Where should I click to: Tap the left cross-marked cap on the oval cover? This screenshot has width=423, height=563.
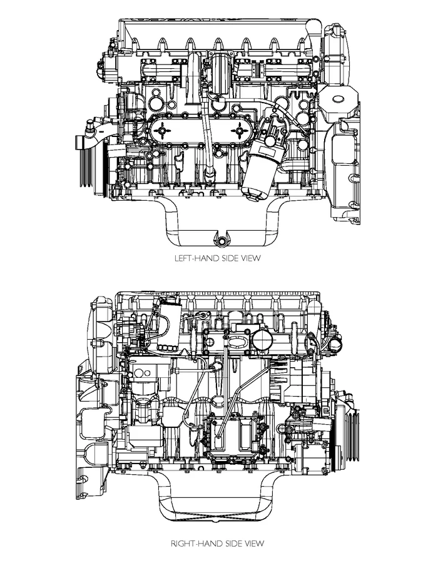(x=164, y=130)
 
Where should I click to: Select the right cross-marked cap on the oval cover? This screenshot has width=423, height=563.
(x=241, y=130)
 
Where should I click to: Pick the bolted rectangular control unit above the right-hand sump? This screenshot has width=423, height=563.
(x=234, y=439)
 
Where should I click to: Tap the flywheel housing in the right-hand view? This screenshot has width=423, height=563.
(x=97, y=407)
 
